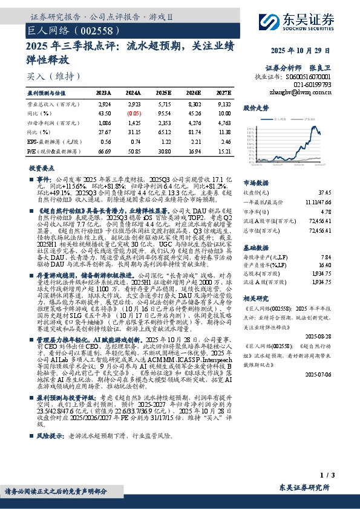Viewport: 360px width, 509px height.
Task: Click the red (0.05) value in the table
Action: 134,113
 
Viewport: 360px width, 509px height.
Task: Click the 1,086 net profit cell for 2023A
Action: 104,122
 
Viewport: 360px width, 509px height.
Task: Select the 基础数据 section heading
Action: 255,248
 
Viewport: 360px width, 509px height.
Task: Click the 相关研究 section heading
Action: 255,298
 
